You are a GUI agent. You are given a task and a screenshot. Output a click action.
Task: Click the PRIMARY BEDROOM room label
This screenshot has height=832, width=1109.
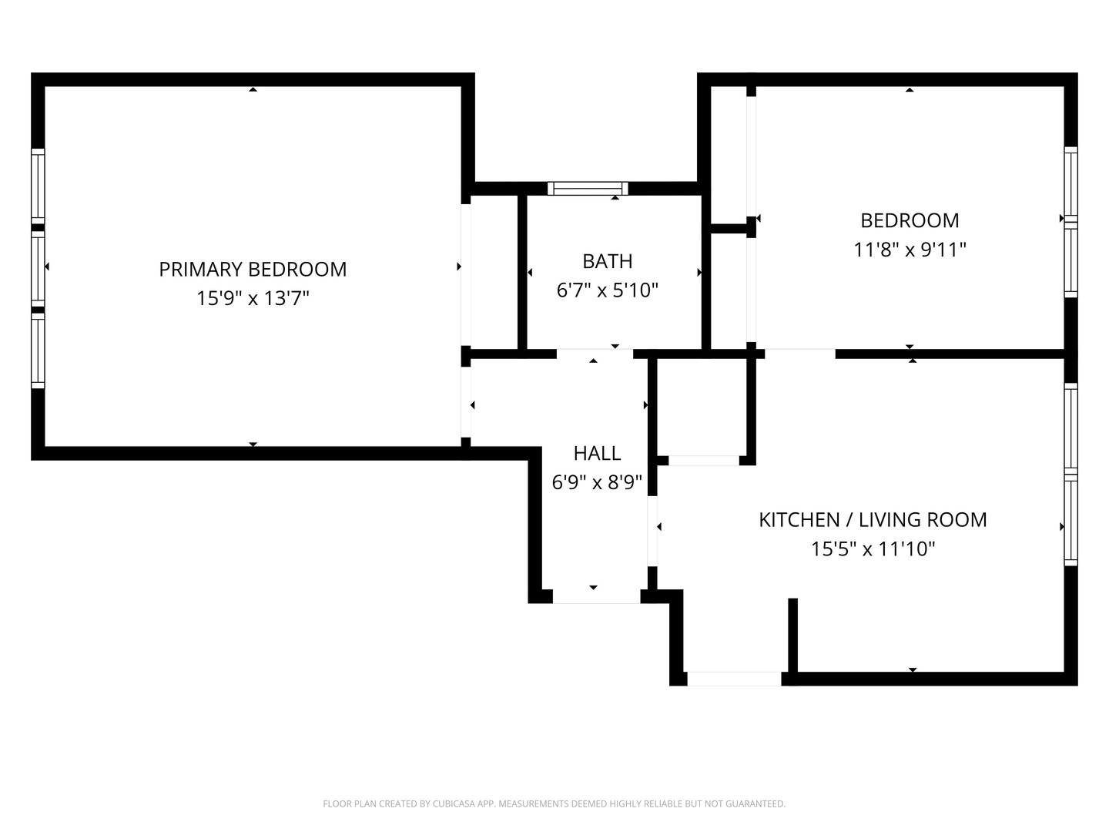[253, 270]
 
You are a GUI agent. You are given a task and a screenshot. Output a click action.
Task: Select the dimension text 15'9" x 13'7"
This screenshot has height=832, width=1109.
[253, 298]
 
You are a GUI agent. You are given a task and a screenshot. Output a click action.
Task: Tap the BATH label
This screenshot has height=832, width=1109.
[608, 261]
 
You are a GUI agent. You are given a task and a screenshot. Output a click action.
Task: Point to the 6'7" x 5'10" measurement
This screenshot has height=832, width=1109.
[608, 290]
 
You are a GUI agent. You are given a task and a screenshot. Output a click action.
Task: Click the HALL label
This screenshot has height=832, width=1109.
[597, 453]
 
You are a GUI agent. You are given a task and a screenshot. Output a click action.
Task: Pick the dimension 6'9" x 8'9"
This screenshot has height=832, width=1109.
[597, 482]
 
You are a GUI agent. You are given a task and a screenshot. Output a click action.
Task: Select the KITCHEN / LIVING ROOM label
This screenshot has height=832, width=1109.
[873, 520]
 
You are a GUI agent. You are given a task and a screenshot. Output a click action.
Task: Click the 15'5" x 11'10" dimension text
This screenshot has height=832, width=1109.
[873, 549]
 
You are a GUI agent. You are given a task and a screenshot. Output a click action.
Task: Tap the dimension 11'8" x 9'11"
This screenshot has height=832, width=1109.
[910, 250]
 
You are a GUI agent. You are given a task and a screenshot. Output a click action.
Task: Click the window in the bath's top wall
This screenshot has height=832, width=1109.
[588, 189]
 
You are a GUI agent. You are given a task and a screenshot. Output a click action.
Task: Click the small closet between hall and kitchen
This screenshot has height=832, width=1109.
[702, 408]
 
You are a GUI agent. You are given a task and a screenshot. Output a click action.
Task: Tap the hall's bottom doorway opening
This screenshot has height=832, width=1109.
[596, 596]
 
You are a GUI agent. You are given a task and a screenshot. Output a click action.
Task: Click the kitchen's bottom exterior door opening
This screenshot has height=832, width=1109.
[734, 679]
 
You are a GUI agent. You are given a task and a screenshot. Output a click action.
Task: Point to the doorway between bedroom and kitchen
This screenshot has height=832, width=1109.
[800, 354]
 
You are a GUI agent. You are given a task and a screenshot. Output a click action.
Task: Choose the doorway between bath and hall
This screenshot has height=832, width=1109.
[595, 354]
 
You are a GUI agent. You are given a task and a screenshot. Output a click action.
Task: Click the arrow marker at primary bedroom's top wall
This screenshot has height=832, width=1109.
[253, 89]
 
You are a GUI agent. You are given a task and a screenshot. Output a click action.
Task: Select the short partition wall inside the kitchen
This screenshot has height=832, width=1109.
[792, 635]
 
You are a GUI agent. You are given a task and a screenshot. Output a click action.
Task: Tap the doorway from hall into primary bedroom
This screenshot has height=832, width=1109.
[466, 401]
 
